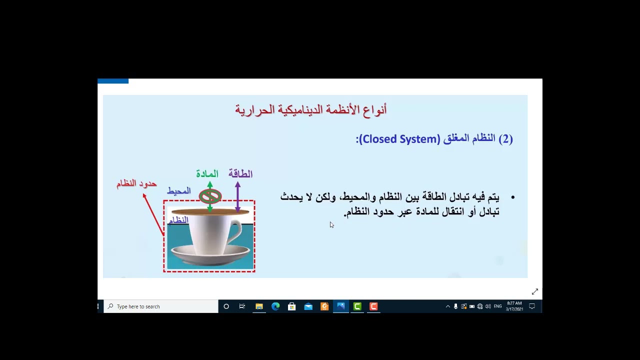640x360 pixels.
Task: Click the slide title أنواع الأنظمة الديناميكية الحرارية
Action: click(x=310, y=109)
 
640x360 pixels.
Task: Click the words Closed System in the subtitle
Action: click(x=399, y=139)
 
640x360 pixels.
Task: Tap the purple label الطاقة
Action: click(x=240, y=174)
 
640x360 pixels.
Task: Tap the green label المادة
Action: click(x=207, y=174)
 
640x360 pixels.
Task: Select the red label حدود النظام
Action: click(x=136, y=184)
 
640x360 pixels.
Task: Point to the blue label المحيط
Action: click(x=179, y=191)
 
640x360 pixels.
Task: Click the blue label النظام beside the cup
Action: click(x=178, y=220)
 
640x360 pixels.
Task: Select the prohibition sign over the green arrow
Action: click(x=210, y=196)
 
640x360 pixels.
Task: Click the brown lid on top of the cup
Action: click(x=210, y=212)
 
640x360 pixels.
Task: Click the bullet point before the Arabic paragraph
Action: click(x=512, y=198)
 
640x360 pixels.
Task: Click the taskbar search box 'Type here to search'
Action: click(x=161, y=306)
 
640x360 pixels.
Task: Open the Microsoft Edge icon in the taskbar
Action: click(x=275, y=306)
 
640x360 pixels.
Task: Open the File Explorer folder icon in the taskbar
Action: click(x=259, y=306)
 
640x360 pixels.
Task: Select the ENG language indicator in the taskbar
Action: click(x=497, y=306)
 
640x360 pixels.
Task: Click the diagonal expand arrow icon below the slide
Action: click(x=534, y=291)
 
